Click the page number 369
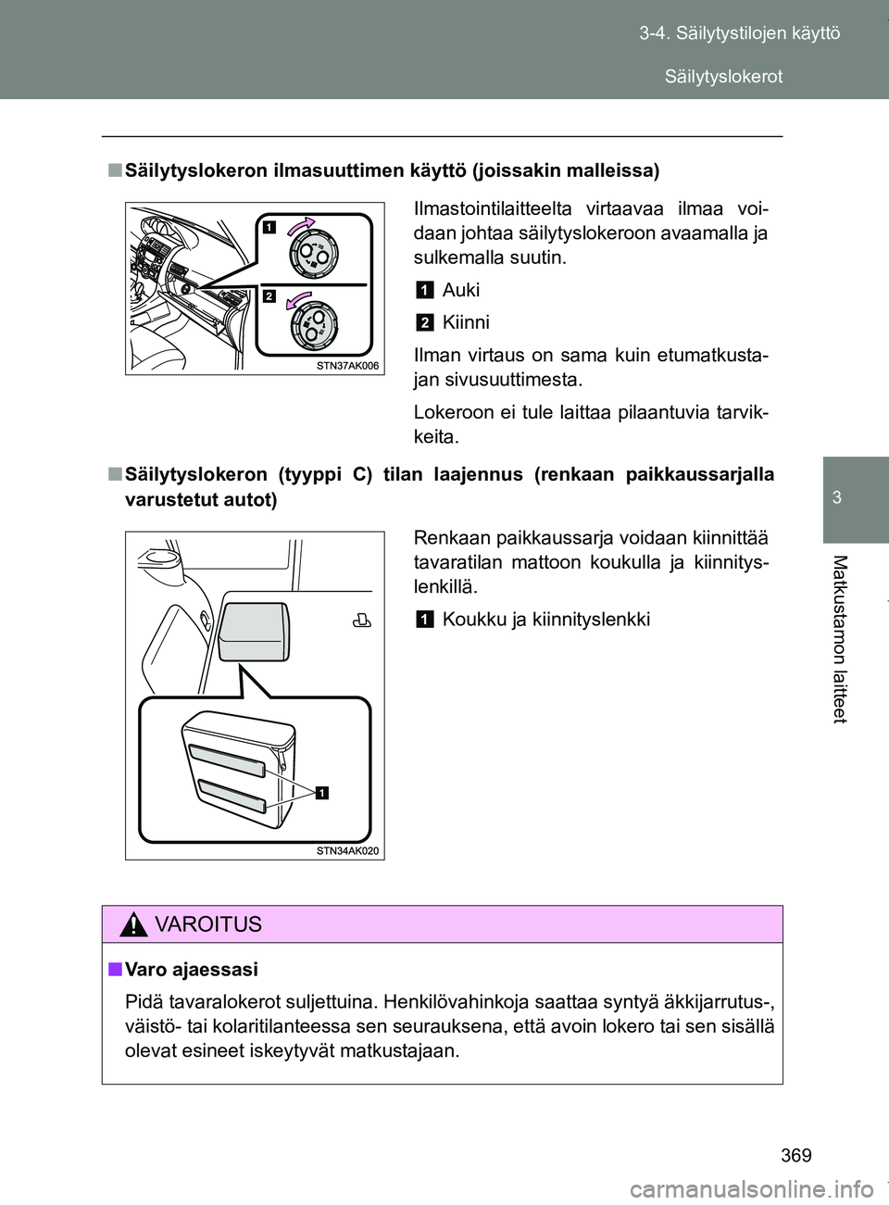click(x=795, y=1154)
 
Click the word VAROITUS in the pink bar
click(x=209, y=924)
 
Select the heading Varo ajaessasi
click(x=192, y=969)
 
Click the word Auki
click(x=461, y=290)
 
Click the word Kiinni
click(x=466, y=322)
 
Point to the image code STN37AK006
click(x=347, y=366)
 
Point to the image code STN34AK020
click(x=347, y=850)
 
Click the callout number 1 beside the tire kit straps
click(x=321, y=792)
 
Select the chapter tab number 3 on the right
click(x=836, y=497)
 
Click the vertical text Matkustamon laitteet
click(x=839, y=638)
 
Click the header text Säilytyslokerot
click(x=723, y=76)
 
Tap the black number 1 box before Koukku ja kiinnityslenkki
click(x=423, y=620)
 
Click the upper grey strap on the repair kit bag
click(x=228, y=759)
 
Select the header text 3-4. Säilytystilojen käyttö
click(x=739, y=33)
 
